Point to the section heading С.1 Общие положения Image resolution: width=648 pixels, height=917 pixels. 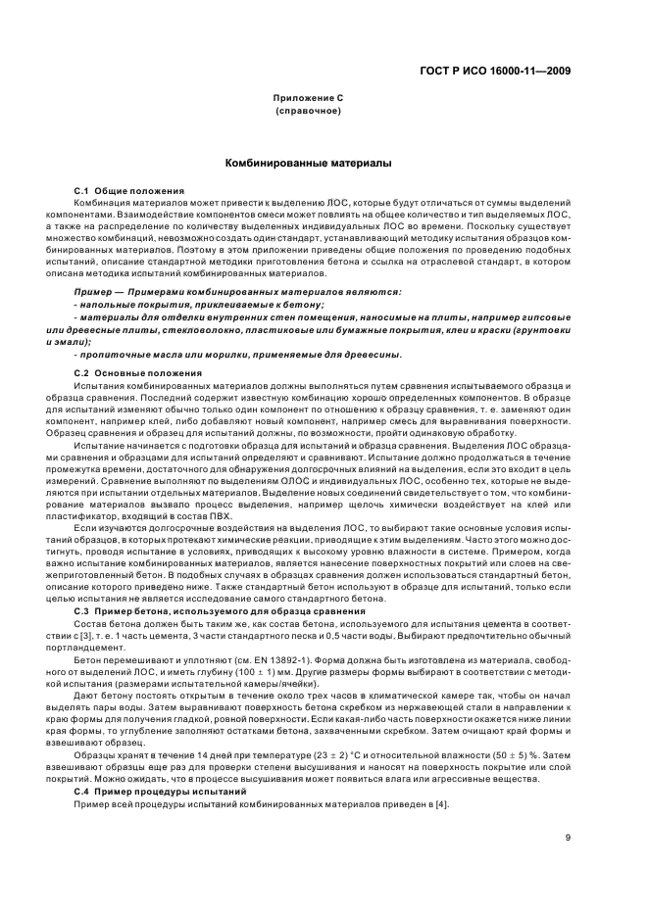(x=115, y=189)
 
